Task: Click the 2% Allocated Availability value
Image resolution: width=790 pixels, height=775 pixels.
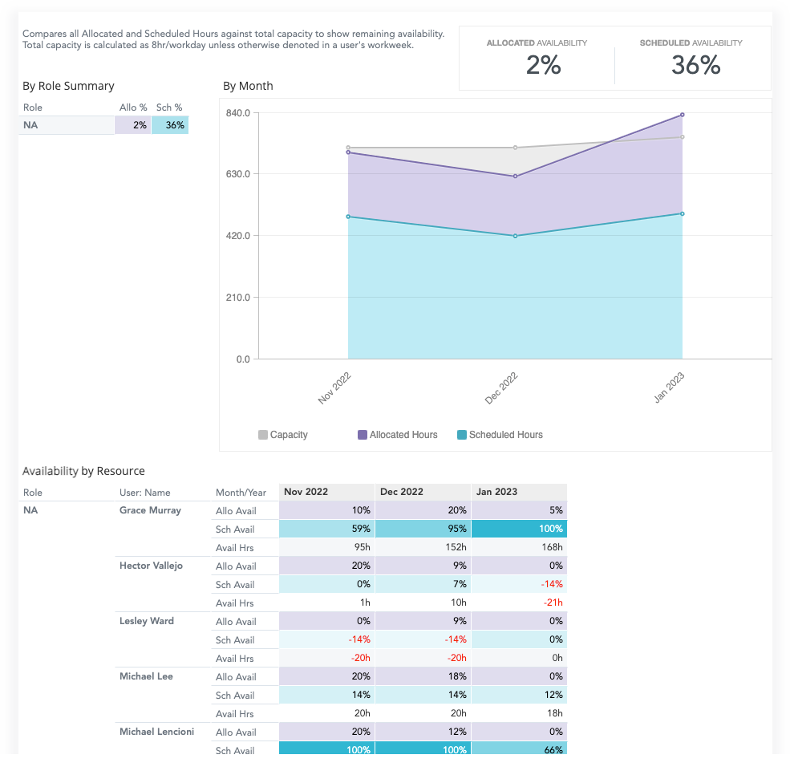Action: [543, 65]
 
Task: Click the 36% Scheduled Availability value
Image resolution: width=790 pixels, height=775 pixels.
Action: [695, 65]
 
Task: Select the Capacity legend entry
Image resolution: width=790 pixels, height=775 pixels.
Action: [283, 435]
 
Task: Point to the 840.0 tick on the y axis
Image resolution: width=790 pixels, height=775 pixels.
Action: [239, 113]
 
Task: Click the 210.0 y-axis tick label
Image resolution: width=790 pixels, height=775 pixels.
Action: [239, 298]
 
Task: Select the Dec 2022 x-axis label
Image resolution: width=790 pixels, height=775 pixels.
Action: [502, 388]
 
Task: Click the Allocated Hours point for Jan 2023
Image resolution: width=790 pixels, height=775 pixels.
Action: [682, 115]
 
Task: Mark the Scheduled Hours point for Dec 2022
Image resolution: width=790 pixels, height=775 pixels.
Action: [515, 236]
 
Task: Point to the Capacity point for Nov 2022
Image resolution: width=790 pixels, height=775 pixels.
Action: [348, 148]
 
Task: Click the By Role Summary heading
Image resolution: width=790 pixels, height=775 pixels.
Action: [68, 86]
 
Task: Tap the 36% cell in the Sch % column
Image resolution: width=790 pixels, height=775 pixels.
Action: [170, 125]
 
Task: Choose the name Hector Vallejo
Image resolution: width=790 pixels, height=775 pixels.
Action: [151, 566]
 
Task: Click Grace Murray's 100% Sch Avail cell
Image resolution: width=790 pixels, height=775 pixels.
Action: [519, 529]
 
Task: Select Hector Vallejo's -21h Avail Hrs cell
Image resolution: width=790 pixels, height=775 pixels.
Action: [519, 603]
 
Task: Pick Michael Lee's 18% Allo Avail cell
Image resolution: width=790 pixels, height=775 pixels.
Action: [423, 676]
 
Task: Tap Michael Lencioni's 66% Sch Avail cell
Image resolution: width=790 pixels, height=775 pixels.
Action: [519, 749]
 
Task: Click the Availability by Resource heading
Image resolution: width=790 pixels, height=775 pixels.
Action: [83, 471]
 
